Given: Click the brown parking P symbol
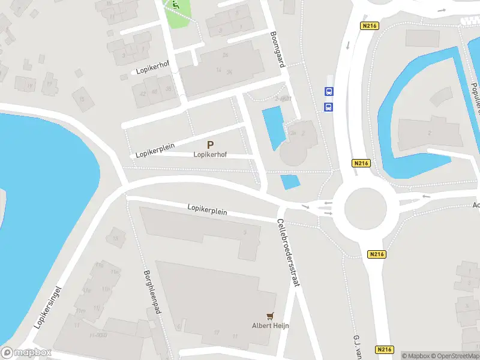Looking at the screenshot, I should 210,145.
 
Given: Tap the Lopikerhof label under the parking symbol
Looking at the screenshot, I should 209,154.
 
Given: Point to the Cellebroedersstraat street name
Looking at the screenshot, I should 288,255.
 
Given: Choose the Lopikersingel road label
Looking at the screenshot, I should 49,306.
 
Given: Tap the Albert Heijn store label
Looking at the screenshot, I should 271,326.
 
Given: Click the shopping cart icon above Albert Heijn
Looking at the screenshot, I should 271,316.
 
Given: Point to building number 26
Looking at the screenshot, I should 225,55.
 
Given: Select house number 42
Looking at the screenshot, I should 143,94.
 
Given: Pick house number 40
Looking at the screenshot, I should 155,92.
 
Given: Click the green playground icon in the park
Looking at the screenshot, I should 175,4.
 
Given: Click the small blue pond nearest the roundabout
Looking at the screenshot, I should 290,181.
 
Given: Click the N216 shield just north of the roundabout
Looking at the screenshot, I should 360,163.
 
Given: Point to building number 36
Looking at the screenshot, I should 229,71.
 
